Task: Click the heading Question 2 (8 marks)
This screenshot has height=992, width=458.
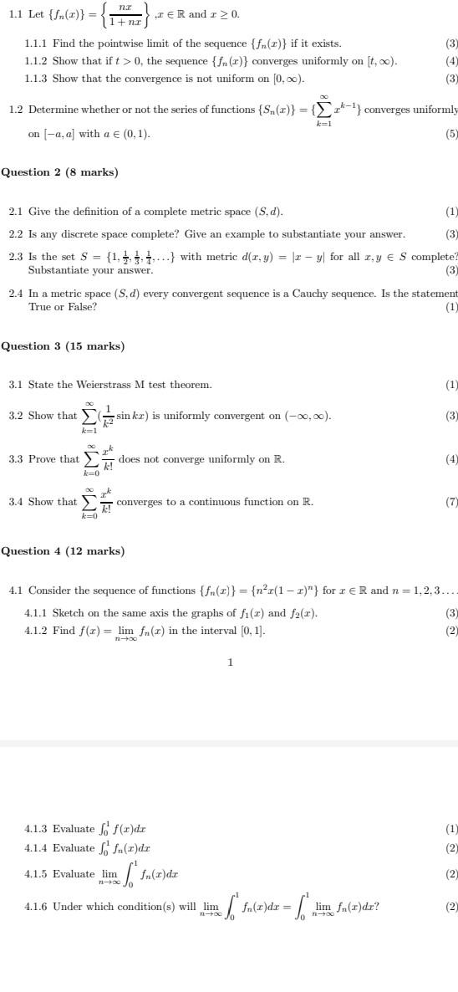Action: tap(59, 172)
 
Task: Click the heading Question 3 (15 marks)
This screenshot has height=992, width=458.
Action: tap(62, 346)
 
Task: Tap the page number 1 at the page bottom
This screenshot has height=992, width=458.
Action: tap(230, 662)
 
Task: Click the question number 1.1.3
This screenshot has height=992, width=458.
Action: tap(37, 79)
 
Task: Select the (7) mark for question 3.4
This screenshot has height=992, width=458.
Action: tap(451, 502)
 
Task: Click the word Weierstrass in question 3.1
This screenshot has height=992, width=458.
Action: tap(104, 385)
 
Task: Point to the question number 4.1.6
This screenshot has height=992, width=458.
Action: tap(37, 906)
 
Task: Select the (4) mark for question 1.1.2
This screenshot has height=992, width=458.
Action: tap(451, 61)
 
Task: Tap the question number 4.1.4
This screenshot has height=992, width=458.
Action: tap(37, 848)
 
